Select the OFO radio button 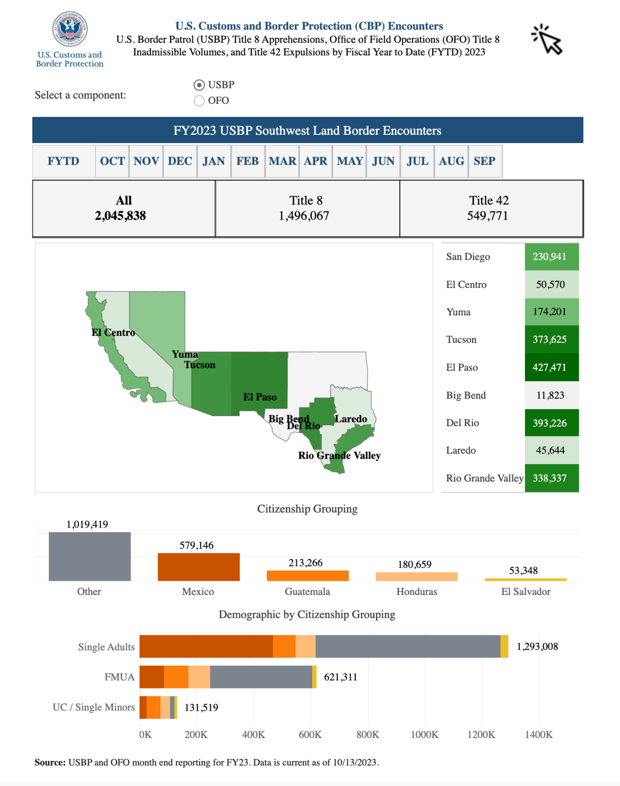click(199, 101)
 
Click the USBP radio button click(199, 85)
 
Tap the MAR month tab click(282, 161)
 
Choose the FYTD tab click(64, 161)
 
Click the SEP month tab click(484, 161)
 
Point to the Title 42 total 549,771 click(488, 216)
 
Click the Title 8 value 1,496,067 click(304, 216)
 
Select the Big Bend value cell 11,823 click(551, 395)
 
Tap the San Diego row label click(468, 257)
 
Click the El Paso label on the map click(260, 397)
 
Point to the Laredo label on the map click(351, 419)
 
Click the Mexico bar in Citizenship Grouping click(199, 567)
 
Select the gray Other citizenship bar click(90, 557)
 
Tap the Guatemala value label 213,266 click(305, 563)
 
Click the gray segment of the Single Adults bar click(408, 646)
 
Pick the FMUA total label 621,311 click(341, 677)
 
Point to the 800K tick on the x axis click(368, 735)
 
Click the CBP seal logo click(70, 29)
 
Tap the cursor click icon click(547, 40)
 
